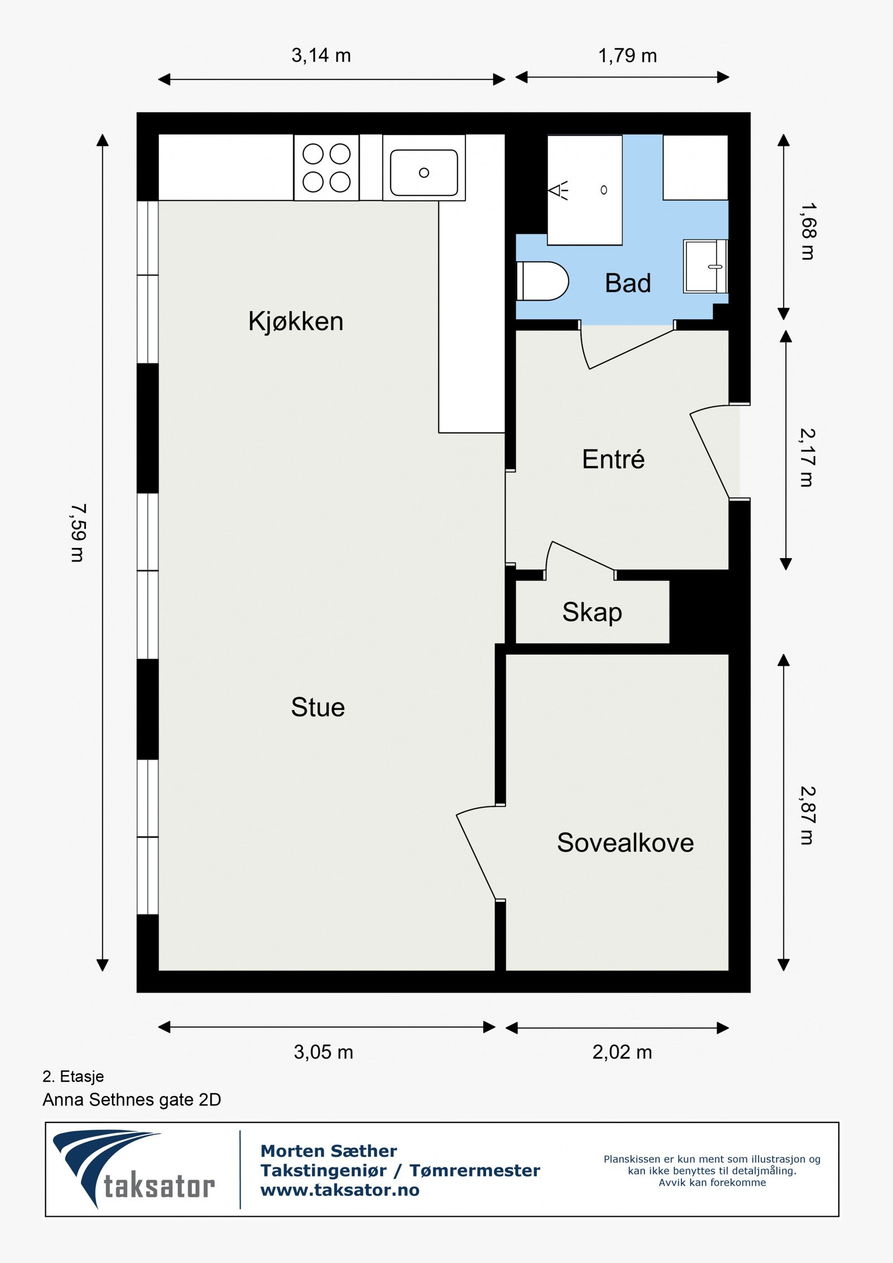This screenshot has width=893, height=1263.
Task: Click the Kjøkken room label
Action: point(296,322)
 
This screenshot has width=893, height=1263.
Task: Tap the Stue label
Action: point(318,708)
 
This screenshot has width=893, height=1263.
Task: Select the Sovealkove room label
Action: point(625,843)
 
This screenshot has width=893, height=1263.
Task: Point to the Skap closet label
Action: point(592,613)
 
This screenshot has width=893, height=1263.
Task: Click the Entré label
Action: point(613,459)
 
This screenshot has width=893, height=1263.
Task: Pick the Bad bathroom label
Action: point(628,284)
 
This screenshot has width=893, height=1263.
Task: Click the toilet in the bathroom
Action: point(542,281)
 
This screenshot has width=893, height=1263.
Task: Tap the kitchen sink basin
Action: point(424,172)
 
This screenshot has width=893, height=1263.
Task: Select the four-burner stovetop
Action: point(327,167)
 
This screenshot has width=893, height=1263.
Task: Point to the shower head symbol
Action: point(558,190)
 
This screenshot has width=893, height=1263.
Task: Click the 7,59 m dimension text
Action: point(78,533)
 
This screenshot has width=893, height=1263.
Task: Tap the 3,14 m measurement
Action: point(321,56)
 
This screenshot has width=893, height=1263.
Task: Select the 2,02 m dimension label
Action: point(622,1053)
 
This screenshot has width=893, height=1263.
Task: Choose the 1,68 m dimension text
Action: point(808,231)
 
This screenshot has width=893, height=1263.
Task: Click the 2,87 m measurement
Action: point(808,815)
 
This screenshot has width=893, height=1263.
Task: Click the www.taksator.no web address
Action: point(340,1190)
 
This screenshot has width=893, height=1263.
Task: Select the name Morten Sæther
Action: point(329,1151)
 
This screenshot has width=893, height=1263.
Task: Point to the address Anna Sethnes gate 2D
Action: point(132,1099)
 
